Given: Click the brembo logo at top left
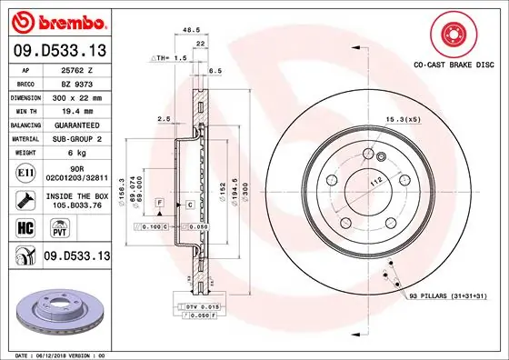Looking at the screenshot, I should tap(58, 20).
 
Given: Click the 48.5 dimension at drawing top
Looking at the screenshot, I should tap(191, 31).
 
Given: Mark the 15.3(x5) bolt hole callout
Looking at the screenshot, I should tap(401, 120).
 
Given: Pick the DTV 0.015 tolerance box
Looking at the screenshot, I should tap(203, 308).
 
